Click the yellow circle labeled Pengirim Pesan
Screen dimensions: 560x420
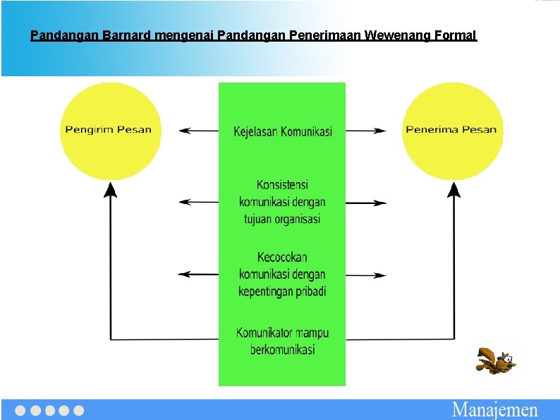110,131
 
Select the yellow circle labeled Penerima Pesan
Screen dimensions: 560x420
452,131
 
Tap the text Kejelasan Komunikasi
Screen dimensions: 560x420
282,131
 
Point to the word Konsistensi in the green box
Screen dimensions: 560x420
282,185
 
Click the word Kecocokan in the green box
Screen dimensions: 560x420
282,257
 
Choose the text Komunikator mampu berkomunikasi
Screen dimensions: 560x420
282,341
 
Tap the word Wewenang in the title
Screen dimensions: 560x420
398,35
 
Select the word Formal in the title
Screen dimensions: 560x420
457,35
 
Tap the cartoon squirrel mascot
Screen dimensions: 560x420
495,361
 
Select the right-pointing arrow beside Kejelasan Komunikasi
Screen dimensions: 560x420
366,131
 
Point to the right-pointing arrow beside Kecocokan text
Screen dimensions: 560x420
366,275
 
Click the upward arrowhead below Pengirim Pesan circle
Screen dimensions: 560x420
110,189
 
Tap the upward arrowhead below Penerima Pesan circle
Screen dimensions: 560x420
454,189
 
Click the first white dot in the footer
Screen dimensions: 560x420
20,410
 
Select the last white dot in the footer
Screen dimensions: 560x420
78,410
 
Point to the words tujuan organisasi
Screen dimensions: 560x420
282,219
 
